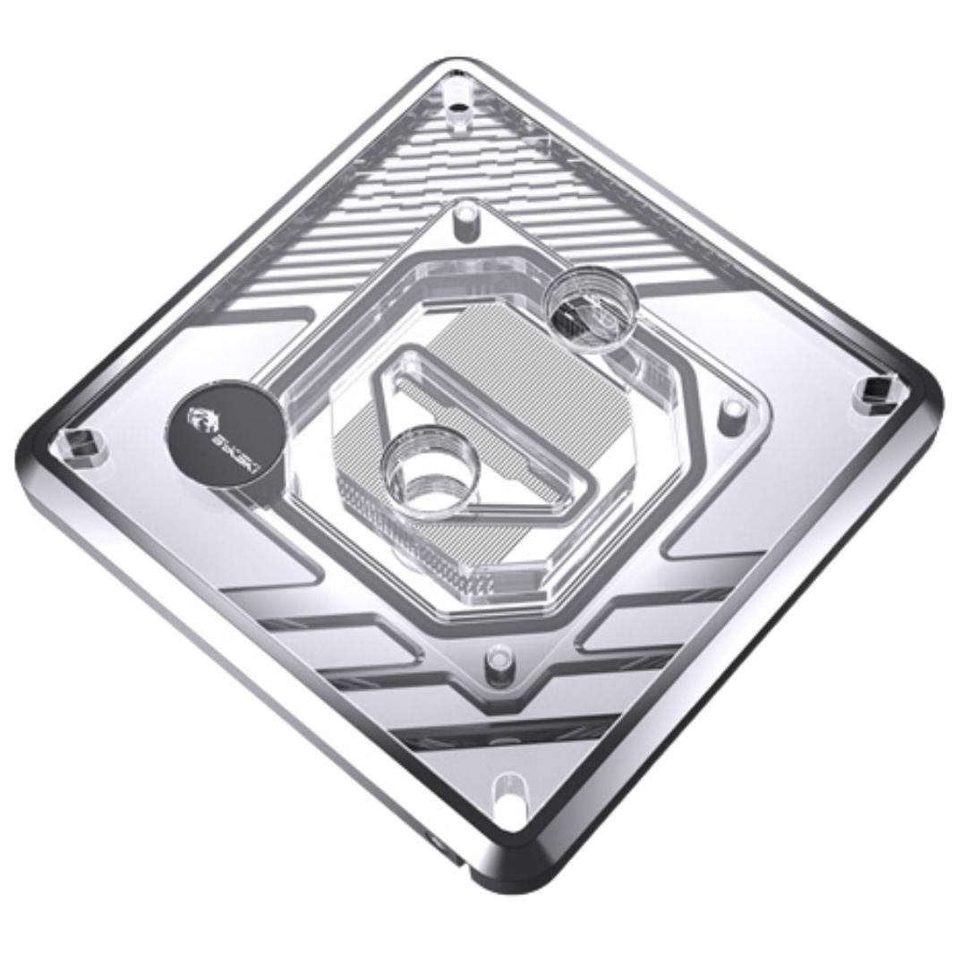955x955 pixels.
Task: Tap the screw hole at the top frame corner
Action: (458, 107)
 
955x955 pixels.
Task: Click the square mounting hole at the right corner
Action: (875, 390)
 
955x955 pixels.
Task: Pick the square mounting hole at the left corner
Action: (82, 441)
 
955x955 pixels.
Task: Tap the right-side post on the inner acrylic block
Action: (732, 411)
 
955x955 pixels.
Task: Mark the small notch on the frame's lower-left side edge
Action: (436, 841)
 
